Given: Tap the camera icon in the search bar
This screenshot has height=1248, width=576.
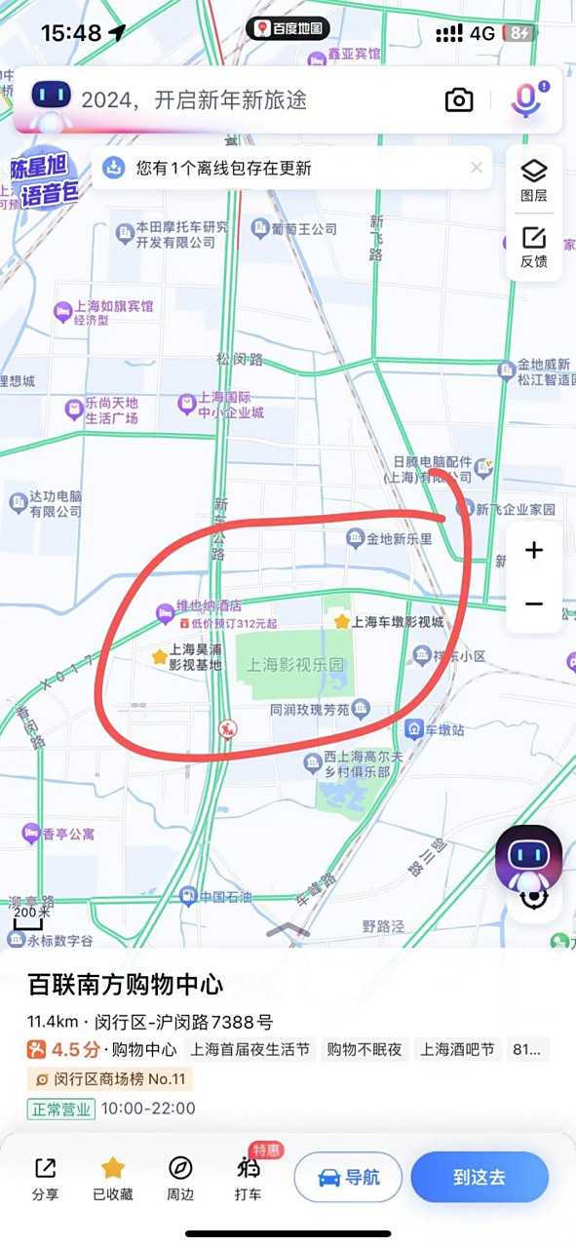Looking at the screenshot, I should tap(459, 99).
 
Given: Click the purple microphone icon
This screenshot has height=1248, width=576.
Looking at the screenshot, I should tap(526, 99).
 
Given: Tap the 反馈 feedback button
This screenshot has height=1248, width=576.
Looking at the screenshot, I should tap(533, 248).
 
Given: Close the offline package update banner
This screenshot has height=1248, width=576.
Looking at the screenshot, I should tap(477, 168).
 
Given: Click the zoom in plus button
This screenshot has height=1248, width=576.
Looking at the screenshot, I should tap(533, 551).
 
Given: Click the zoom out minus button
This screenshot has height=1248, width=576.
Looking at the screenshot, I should tap(533, 604).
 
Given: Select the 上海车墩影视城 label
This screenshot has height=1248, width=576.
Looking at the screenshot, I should tap(397, 621).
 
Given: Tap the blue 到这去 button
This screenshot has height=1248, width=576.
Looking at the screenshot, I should tap(479, 1177).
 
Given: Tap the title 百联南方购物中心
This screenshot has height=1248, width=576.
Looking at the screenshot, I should tap(125, 983).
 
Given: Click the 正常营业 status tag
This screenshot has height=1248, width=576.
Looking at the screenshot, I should tap(60, 1109).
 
